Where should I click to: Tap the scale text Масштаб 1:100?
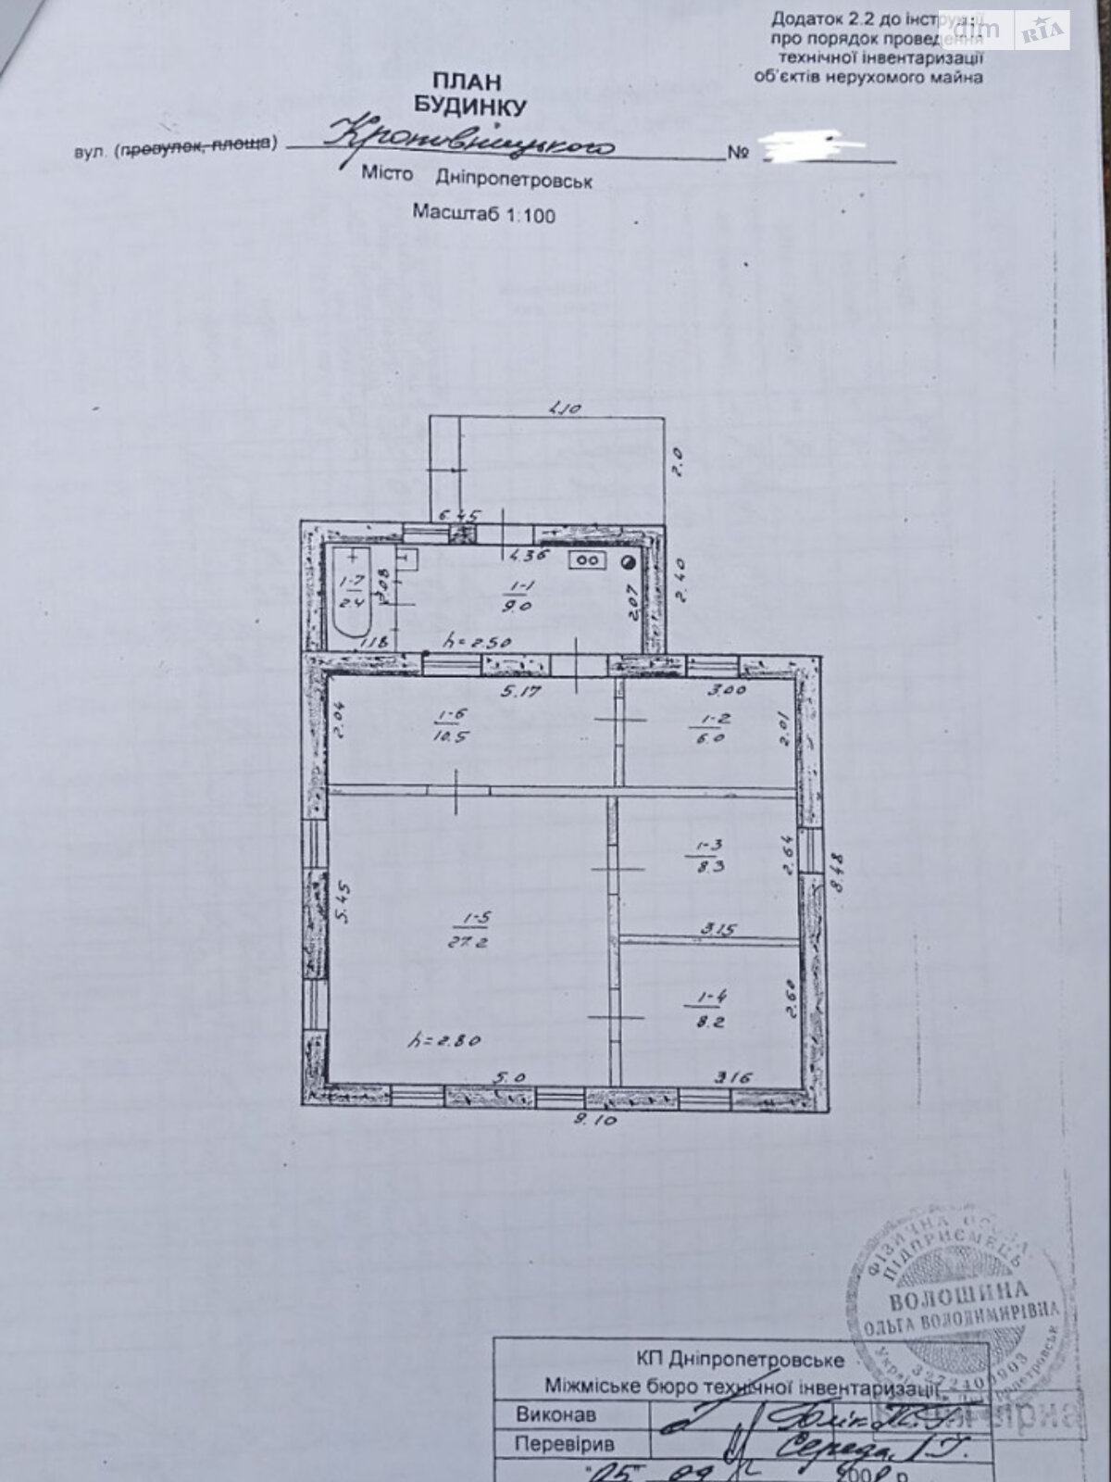click(x=483, y=214)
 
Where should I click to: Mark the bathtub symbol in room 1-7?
click(x=353, y=593)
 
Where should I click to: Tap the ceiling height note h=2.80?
click(x=444, y=1040)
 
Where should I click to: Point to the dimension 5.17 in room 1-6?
click(x=522, y=690)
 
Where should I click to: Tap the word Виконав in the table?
click(x=556, y=1414)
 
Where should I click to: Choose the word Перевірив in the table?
click(x=565, y=1443)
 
